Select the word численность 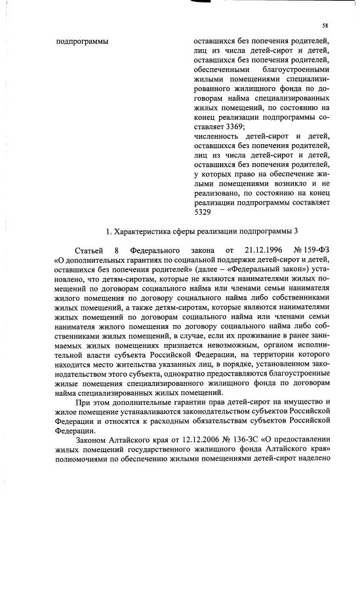(217, 135)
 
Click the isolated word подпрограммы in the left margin (83, 42)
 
